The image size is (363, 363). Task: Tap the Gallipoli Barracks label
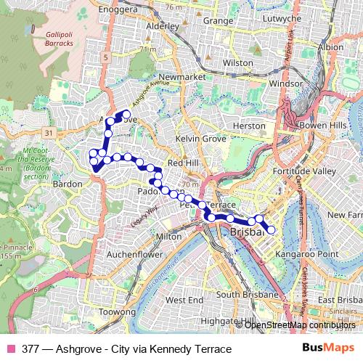click(x=59, y=38)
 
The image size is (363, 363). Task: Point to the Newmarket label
click(x=178, y=76)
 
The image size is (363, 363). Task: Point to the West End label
click(x=184, y=299)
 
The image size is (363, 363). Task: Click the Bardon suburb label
click(x=68, y=184)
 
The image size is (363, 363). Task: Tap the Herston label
click(x=249, y=126)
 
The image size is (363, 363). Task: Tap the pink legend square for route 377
click(x=11, y=349)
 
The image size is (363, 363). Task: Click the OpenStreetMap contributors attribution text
click(x=300, y=325)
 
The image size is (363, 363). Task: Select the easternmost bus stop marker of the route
click(x=272, y=230)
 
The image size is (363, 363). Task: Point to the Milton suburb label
click(x=168, y=236)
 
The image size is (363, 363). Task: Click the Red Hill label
click(x=182, y=163)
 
